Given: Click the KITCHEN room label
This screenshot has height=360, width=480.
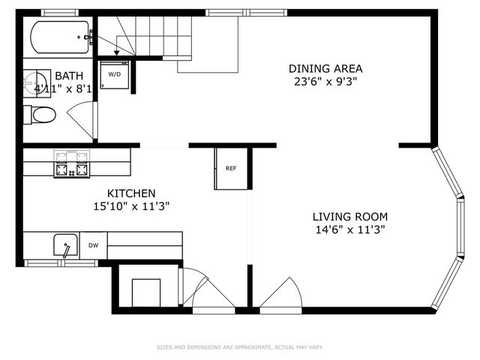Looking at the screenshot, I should pos(131,193).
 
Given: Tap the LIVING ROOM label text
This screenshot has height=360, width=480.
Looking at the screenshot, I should pos(350,217).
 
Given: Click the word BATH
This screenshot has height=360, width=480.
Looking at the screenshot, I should pos(68,76).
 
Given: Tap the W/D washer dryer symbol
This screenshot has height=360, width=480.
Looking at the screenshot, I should pos(115,75).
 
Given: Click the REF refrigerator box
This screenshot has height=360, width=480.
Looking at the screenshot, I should pos(231,169).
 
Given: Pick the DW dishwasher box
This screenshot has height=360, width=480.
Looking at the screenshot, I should pos(94,245).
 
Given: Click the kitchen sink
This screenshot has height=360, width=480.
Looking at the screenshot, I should pos(66,246).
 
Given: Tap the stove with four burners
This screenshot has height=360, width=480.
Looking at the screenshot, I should pos(72,163).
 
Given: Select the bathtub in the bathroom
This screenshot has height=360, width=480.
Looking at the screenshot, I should pos(60,37).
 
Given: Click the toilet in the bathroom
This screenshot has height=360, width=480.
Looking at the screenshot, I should pos(41,115).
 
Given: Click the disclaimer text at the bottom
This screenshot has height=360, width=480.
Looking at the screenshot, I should pos(239,347).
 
